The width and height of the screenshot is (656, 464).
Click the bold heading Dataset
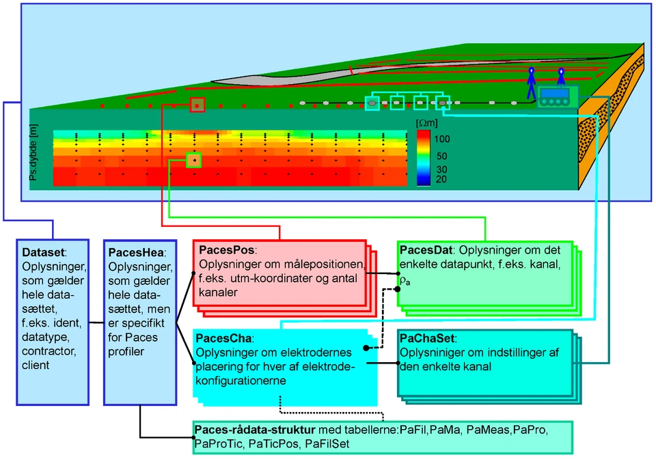39,251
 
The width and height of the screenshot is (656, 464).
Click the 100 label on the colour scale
442,138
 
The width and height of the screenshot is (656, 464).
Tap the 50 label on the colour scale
441,156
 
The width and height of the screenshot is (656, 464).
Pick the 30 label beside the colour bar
441,169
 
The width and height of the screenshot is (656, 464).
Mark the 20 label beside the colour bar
441,179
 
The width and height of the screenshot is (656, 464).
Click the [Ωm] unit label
426,122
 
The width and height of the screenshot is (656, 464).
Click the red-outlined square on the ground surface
197,105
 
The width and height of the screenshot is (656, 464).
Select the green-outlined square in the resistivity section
195,160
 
